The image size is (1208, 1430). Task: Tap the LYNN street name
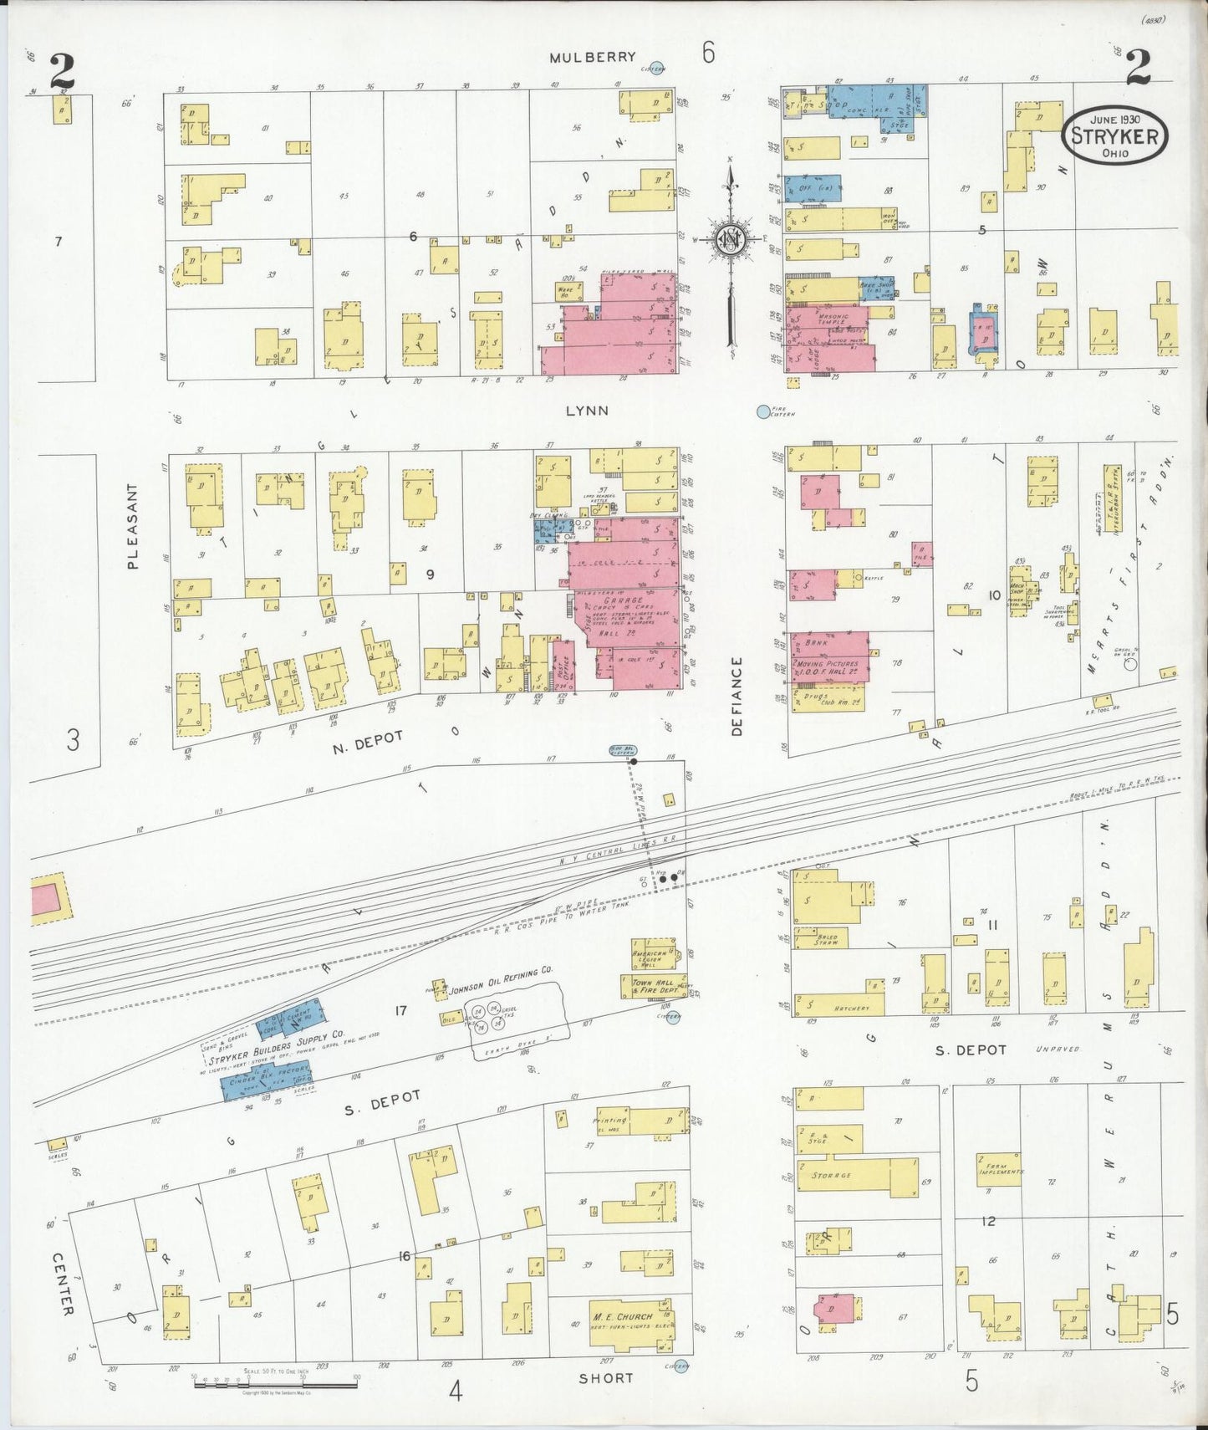(x=586, y=411)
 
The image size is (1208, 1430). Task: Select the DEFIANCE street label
(x=737, y=696)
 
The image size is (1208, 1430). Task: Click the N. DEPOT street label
(x=368, y=741)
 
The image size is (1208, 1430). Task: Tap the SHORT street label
(x=606, y=1377)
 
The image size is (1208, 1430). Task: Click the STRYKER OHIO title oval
(x=1114, y=135)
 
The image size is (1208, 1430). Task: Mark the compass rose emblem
(x=730, y=240)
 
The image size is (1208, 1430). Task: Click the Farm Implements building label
(x=999, y=1167)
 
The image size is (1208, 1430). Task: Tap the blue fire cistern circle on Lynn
(x=762, y=411)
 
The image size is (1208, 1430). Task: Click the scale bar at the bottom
(x=275, y=1385)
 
